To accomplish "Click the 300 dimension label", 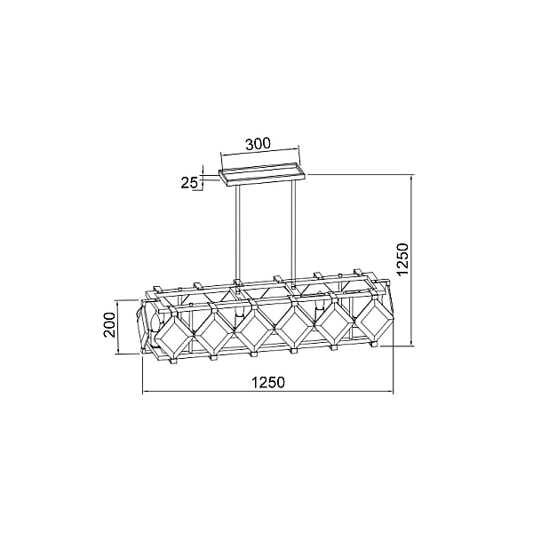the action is [x=258, y=144].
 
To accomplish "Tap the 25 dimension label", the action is [x=189, y=183].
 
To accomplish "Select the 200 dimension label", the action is [x=110, y=324].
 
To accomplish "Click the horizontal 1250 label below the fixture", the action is [x=268, y=382].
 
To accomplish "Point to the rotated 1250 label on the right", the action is [x=402, y=259].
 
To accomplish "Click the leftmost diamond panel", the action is [x=174, y=338].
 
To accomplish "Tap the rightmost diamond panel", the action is [x=372, y=320].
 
